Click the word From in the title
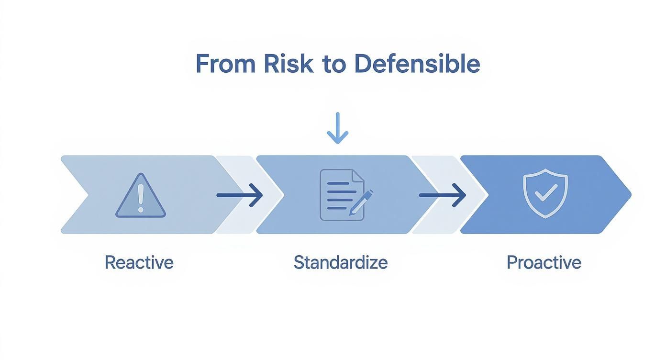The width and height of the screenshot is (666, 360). (x=226, y=64)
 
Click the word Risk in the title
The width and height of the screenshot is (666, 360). (x=289, y=64)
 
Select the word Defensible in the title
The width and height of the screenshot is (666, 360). (x=417, y=64)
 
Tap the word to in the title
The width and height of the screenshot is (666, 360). (x=334, y=65)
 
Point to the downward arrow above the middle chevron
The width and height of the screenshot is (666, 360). (x=337, y=128)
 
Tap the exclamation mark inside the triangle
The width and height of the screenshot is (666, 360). (x=141, y=198)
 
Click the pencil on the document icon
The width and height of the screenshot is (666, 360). (x=361, y=202)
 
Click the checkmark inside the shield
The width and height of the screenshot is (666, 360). (x=546, y=193)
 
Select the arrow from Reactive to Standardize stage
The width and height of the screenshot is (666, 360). (x=240, y=195)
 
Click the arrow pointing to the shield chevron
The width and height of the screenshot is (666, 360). (x=443, y=195)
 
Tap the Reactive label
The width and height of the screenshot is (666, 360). (x=139, y=262)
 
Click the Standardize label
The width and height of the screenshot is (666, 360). (x=341, y=262)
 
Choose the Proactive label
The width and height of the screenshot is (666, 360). (x=544, y=262)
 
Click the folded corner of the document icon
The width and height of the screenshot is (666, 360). (x=358, y=176)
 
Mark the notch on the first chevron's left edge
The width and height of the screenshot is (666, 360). (x=89, y=195)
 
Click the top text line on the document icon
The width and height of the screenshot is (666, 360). (x=338, y=183)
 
